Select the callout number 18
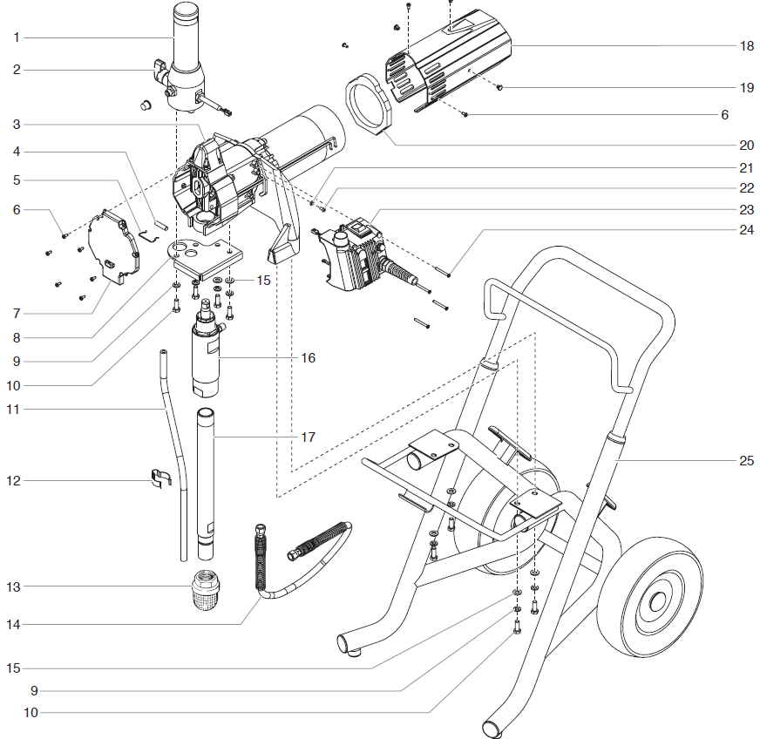coord(746,45)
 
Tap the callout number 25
coord(746,460)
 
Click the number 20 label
coord(746,145)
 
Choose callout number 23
coord(746,209)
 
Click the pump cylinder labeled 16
coord(207,357)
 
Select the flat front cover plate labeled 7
coord(113,248)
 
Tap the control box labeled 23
coord(357,257)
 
